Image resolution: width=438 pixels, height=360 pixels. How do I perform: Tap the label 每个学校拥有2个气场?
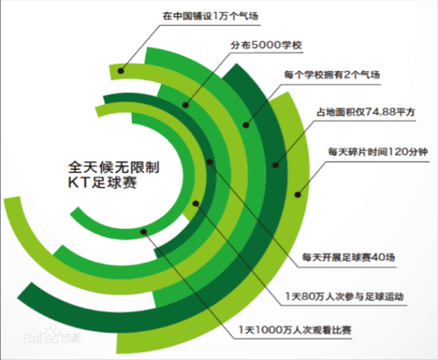(x=333, y=74)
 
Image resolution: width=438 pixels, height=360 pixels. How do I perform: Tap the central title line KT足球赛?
(x=98, y=184)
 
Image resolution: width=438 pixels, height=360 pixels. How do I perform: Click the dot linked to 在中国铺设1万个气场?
(x=122, y=70)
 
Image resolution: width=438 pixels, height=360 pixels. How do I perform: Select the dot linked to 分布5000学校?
(x=186, y=105)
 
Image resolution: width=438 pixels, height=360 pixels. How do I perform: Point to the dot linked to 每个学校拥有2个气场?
(x=246, y=125)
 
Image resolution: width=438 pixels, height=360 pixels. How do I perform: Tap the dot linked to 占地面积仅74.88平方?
(x=276, y=166)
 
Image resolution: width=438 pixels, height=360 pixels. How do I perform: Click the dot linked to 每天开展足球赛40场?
(x=210, y=162)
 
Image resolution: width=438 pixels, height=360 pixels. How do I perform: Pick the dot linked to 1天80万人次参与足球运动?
(x=196, y=205)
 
